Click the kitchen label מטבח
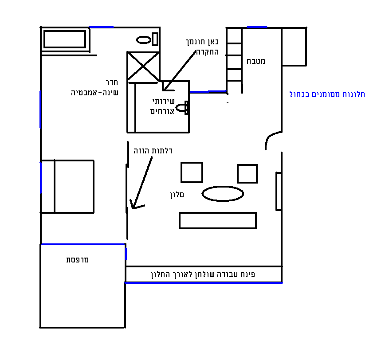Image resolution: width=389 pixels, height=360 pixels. coord(256,61)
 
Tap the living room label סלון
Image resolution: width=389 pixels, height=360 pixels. coord(177,195)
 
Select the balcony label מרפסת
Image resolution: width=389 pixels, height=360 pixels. coord(78,260)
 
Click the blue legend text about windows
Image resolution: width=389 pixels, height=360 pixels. coord(327,94)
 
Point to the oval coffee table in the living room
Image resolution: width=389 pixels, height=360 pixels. coord(223,194)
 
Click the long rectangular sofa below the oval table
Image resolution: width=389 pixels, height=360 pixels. coord(218,220)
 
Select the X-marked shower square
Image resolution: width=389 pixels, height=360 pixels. coord(143,67)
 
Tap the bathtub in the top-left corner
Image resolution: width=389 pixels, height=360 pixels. coord(65,39)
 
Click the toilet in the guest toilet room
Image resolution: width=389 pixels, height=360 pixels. coord(182,108)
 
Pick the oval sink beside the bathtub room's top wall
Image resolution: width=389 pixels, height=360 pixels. coord(144,40)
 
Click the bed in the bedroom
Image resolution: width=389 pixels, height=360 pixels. coord(67,187)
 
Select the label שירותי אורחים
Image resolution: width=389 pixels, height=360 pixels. coord(162,106)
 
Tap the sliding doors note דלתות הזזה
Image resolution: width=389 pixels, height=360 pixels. coord(153,151)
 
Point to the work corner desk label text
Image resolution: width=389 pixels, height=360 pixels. coord(203,274)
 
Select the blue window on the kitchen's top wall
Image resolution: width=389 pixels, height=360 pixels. coord(257,27)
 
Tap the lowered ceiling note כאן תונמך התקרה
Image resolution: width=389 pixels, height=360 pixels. coord(202,47)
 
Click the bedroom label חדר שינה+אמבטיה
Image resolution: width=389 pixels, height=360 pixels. coord(94,87)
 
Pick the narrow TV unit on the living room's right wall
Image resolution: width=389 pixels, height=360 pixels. coord(279,191)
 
